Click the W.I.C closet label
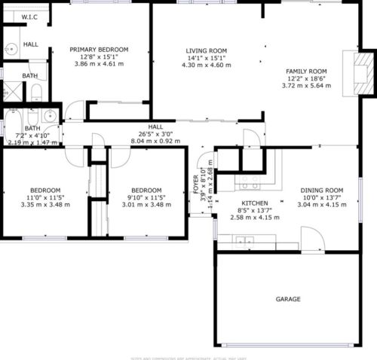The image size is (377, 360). (29, 16)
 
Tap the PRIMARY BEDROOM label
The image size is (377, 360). (99, 50)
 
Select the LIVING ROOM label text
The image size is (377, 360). (207, 51)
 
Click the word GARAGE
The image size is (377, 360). (287, 299)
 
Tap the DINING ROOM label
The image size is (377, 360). (322, 190)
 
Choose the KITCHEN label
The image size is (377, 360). (254, 203)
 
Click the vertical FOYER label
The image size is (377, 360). (196, 184)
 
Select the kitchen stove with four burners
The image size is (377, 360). (250, 185)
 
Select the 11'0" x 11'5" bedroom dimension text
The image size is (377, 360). (45, 197)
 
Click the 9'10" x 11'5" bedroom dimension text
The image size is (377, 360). (146, 197)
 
